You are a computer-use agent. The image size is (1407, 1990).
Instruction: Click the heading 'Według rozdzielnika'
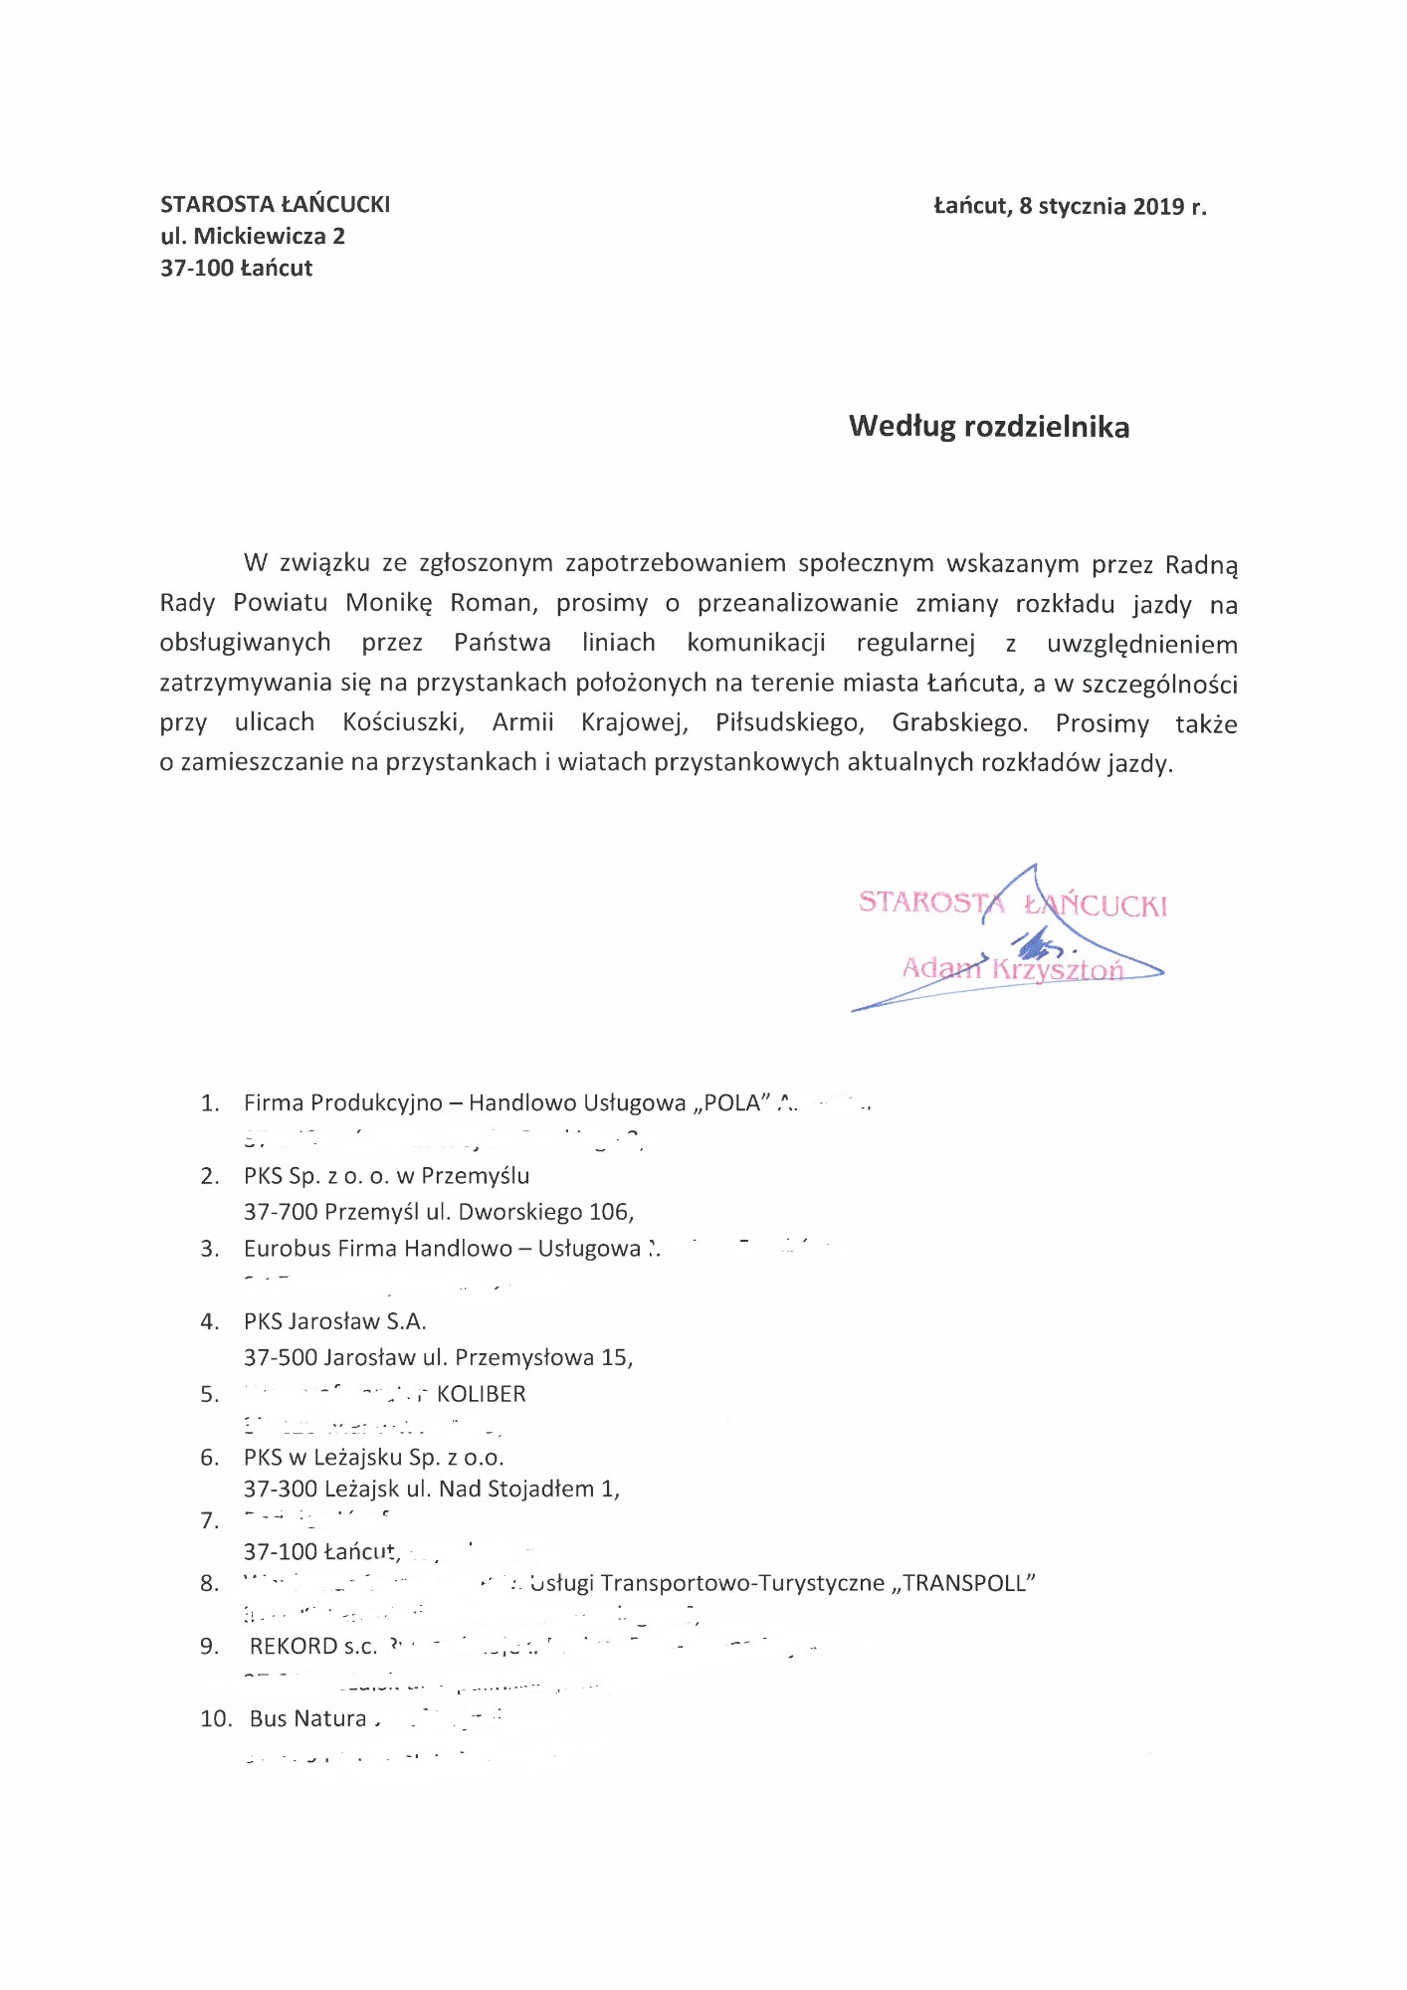coord(988,427)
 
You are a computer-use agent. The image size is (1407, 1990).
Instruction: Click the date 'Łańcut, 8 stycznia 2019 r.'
coord(1070,207)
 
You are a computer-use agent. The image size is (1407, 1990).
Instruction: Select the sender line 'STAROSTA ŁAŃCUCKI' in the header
coord(275,205)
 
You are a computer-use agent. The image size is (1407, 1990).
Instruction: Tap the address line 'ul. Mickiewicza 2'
coord(253,237)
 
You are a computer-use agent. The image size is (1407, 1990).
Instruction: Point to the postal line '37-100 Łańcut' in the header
coord(236,269)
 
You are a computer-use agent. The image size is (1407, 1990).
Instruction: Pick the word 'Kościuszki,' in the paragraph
coord(403,723)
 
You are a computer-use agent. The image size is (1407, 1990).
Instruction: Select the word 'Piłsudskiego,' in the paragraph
coord(789,723)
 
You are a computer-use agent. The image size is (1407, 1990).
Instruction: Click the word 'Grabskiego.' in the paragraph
coord(959,723)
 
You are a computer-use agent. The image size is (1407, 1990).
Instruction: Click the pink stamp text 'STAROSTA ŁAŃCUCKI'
coord(1012,903)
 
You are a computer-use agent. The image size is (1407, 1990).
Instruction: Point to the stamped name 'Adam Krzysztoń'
coord(1012,968)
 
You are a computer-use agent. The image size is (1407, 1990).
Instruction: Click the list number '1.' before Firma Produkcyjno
coord(210,1103)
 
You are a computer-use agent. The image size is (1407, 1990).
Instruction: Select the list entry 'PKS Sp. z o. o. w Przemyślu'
coord(386,1176)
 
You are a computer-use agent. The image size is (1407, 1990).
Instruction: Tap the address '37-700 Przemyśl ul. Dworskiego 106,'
coord(439,1212)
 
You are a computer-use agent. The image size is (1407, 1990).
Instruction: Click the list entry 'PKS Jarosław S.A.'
coord(334,1321)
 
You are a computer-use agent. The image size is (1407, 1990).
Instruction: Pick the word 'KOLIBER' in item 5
coord(481,1394)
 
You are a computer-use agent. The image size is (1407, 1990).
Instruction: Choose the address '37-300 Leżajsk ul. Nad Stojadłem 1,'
coord(431,1489)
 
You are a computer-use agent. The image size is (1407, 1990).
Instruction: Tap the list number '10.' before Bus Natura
coord(216,1718)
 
